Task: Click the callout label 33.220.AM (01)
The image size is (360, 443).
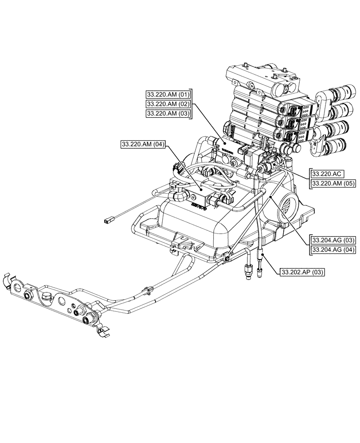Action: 168,94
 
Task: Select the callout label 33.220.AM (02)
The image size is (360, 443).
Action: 168,104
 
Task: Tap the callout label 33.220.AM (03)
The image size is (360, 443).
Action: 168,114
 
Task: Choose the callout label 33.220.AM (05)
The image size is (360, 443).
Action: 333,183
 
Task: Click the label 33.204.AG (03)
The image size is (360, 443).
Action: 333,240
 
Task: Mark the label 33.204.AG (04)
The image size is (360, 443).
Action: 333,250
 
